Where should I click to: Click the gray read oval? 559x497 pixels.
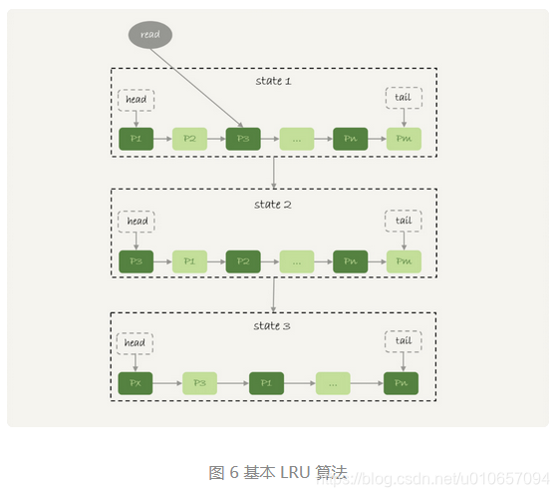(x=150, y=35)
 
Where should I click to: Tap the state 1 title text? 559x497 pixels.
(x=272, y=80)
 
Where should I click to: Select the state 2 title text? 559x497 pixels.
(x=272, y=204)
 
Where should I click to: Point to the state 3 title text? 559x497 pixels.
(x=272, y=325)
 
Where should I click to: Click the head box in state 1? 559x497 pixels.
(x=136, y=99)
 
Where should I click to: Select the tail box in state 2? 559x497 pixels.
(x=404, y=222)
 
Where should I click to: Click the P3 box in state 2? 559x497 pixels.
(x=136, y=262)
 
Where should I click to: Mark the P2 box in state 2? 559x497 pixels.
(x=243, y=262)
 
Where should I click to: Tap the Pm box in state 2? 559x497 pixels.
(x=404, y=262)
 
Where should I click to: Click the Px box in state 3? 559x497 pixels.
(x=136, y=383)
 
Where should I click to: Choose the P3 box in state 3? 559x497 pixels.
(x=199, y=383)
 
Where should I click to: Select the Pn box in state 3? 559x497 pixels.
(x=402, y=383)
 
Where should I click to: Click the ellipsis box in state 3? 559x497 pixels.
(x=333, y=383)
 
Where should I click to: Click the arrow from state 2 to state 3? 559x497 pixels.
(x=273, y=294)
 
